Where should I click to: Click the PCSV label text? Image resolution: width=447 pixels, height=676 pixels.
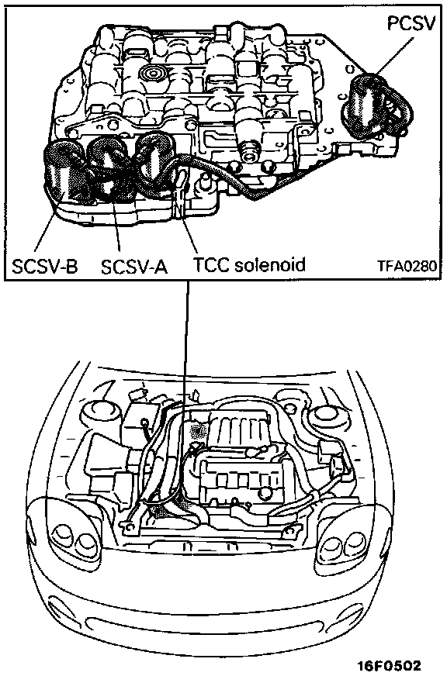coord(411,24)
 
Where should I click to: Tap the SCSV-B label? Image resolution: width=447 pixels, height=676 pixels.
coord(45,267)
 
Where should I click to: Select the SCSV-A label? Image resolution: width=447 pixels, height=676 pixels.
coord(134,267)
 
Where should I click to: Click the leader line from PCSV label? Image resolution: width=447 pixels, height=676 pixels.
coord(394,54)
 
